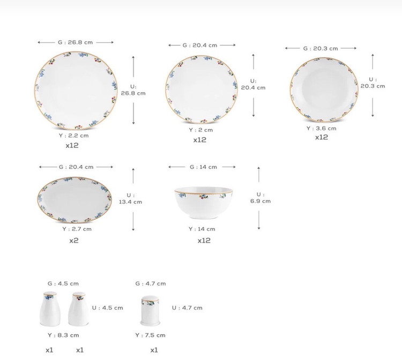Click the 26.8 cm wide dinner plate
pyautogui.click(x=76, y=90)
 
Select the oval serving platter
pyautogui.click(x=75, y=200)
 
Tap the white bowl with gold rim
pyautogui.click(x=204, y=202)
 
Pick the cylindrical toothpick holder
pyautogui.click(x=150, y=311)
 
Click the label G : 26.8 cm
pyautogui.click(x=75, y=42)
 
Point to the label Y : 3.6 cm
pyautogui.click(x=321, y=129)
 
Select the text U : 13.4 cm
pyautogui.click(x=130, y=199)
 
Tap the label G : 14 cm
pyautogui.click(x=203, y=167)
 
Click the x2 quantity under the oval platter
pyautogui.click(x=74, y=241)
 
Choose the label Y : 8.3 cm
pyautogui.click(x=63, y=335)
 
